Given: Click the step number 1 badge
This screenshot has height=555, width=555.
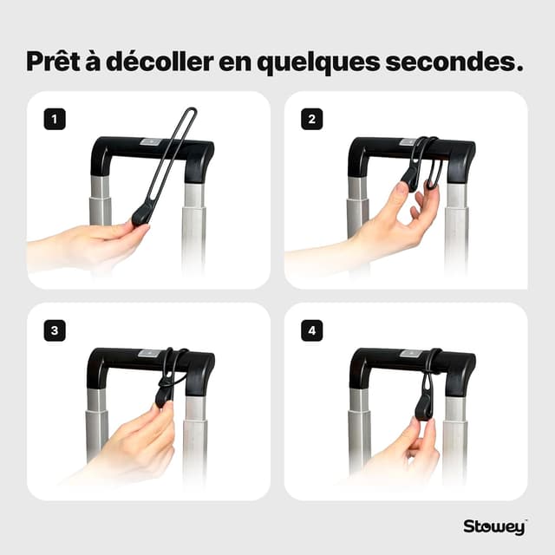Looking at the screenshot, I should tap(55, 120).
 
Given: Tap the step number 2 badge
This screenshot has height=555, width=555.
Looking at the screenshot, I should tap(312, 120).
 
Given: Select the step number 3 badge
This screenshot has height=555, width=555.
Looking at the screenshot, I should tap(55, 330).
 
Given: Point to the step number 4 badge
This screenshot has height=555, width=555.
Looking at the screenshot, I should tap(312, 330).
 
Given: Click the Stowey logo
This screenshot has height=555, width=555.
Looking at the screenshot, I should tap(494, 526).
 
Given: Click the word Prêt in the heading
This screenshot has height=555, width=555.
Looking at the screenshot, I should tap(57, 62).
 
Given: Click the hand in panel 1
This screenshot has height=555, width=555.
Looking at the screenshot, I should tap(95, 245).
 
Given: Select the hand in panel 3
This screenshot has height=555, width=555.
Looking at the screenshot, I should tap(143, 442).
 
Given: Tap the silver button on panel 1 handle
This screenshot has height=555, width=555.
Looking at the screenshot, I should tap(150, 141).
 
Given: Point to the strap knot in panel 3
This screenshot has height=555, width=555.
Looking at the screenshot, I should tap(166, 382).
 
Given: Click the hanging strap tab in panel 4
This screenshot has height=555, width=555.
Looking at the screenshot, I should tap(425, 403).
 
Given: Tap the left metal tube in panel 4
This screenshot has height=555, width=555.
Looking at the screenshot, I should tap(359, 425).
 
